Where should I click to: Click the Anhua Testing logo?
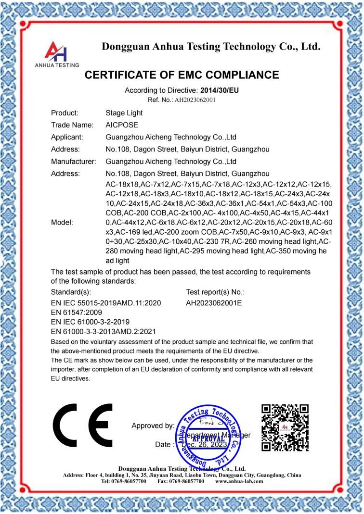click(x=57, y=53)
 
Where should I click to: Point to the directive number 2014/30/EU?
click(x=220, y=90)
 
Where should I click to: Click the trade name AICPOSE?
click(x=122, y=125)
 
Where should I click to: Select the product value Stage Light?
click(x=124, y=113)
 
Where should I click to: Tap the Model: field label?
click(x=62, y=223)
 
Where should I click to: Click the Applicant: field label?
click(x=67, y=137)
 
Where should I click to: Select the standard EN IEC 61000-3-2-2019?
click(x=90, y=322)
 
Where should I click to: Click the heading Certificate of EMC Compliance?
click(x=182, y=75)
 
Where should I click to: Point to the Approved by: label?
click(x=153, y=426)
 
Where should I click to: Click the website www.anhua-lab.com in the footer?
click(x=239, y=481)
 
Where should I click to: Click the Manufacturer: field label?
click(x=74, y=161)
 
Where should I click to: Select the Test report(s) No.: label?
click(x=215, y=292)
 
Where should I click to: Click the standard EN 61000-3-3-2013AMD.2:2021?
click(x=103, y=331)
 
